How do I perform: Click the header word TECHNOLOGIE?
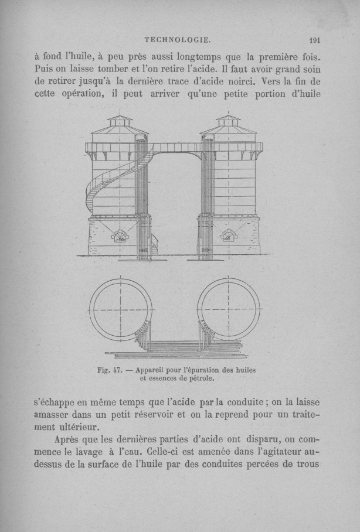[177, 40]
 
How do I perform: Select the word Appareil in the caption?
[154, 370]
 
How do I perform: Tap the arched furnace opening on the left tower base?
[120, 236]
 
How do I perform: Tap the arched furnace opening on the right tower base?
[227, 236]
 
